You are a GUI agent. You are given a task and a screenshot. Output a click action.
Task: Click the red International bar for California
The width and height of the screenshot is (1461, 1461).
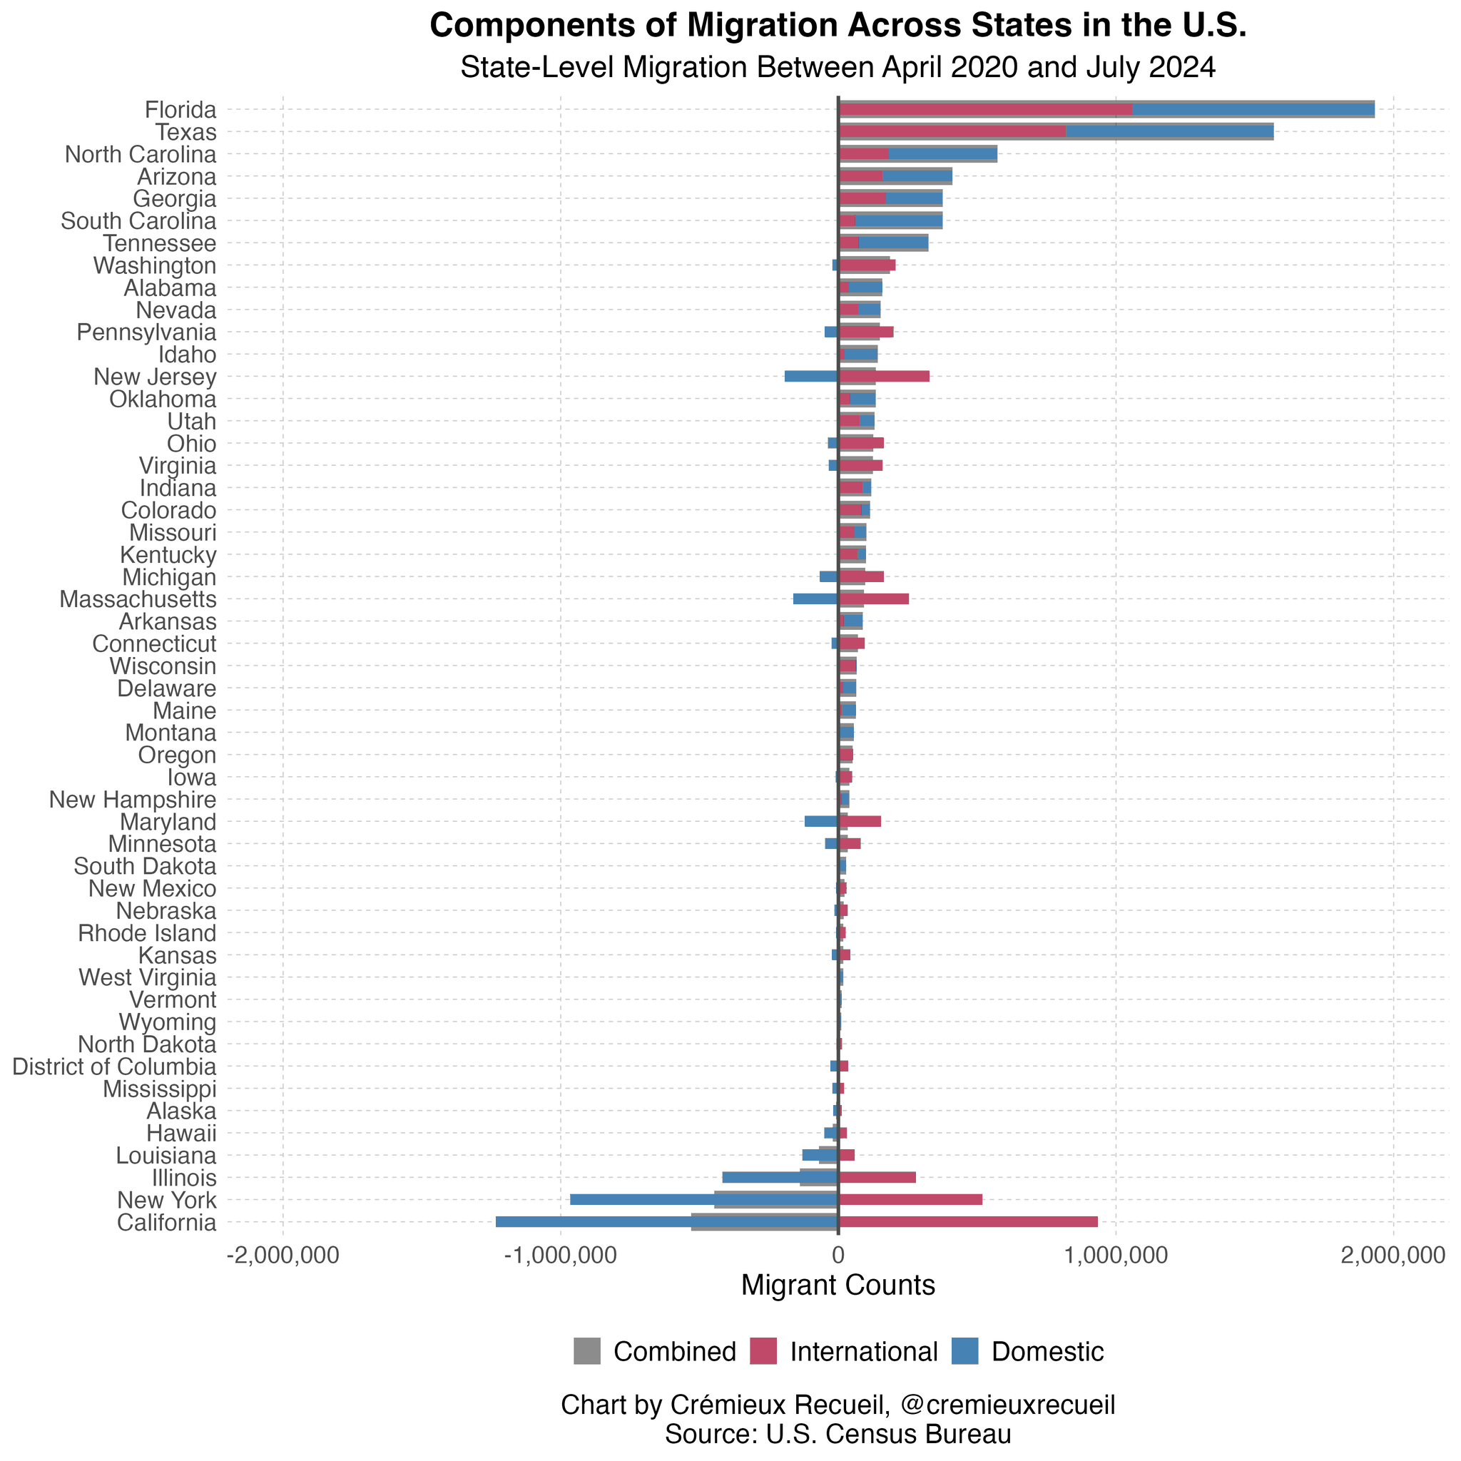[x=968, y=1221]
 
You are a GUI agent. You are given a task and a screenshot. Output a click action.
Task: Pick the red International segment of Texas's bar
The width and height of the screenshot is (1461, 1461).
[x=952, y=131]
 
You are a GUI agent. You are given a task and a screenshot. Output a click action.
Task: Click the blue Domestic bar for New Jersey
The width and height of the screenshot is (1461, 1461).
[x=810, y=376]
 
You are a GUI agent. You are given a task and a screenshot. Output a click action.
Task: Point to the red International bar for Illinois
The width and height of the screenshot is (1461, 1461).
[x=877, y=1177]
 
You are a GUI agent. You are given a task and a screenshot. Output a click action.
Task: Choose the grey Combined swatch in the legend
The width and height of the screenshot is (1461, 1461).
[x=587, y=1351]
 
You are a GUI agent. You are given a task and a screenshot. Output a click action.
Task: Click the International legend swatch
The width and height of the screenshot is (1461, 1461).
[x=763, y=1351]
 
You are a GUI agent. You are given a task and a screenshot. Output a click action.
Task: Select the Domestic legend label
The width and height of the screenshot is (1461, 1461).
[x=1047, y=1351]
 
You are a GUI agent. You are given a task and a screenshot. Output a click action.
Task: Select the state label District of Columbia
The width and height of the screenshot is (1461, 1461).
[x=114, y=1067]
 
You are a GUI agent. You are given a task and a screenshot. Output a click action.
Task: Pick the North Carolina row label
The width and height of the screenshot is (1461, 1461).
[x=141, y=155]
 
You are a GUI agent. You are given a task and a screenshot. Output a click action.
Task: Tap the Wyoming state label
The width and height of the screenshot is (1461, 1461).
[x=168, y=1022]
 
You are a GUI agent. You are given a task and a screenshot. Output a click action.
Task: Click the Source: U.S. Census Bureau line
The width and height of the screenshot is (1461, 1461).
[x=838, y=1434]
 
